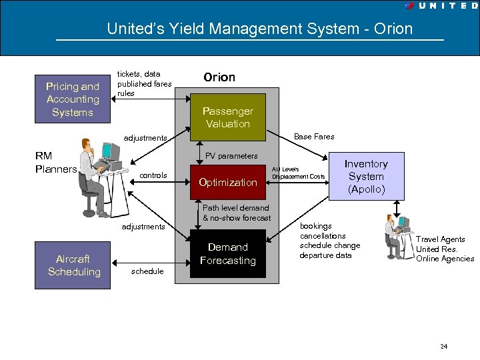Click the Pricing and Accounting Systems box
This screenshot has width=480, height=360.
[x=72, y=99]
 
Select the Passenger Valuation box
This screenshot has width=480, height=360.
[x=228, y=117]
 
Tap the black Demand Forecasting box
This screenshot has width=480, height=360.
[x=228, y=253]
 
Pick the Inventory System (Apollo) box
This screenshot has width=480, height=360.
[x=366, y=177]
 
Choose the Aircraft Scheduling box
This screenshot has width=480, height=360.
[x=73, y=265]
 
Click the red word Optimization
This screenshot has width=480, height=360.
[x=228, y=182]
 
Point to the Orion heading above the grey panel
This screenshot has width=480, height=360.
[x=219, y=77]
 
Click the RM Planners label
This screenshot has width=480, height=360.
[x=56, y=163]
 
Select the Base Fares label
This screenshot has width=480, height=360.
[x=315, y=137]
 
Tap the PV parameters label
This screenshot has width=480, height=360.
[x=231, y=156]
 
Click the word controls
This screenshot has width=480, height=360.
[x=153, y=175]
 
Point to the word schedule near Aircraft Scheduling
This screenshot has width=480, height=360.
[x=147, y=271]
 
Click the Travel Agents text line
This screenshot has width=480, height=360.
[x=441, y=239]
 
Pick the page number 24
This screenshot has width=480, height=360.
[x=444, y=347]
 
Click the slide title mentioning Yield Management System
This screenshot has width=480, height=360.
[x=260, y=29]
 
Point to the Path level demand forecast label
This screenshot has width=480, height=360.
[x=237, y=213]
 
